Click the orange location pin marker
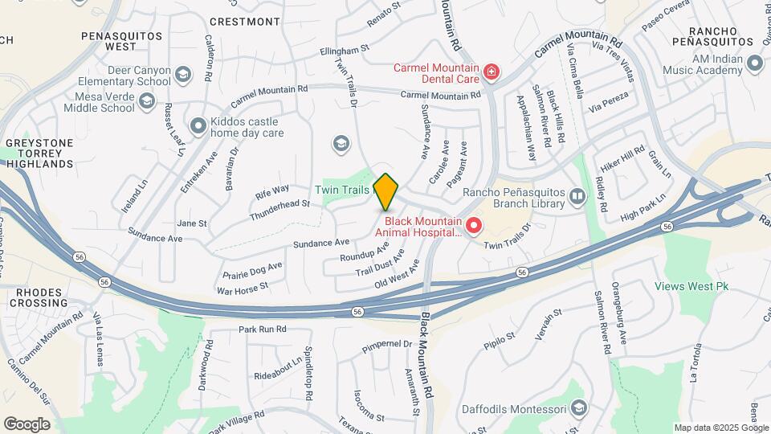coord(386,191)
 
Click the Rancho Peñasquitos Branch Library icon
coord(577,197)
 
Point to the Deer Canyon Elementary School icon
coord(184,76)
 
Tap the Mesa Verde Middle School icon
coord(147,100)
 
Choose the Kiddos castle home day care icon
coord(198,125)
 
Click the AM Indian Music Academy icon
coord(754,63)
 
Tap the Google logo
coord(27,424)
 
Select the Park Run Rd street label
coord(262,330)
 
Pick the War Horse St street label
coord(243,286)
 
